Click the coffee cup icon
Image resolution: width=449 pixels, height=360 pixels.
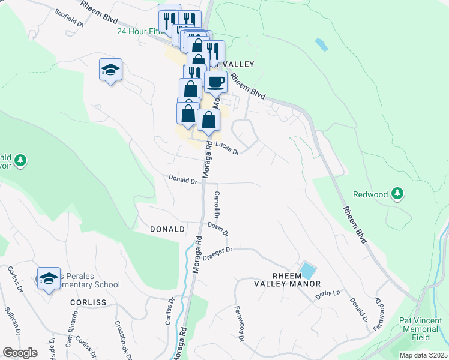215,81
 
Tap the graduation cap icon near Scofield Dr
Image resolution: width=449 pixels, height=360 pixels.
110,70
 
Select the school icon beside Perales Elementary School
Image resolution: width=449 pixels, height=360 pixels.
49,278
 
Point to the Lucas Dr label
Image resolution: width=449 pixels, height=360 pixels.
228,148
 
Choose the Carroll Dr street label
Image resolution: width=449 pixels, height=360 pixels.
217,205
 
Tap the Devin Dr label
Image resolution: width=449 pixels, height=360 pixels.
218,229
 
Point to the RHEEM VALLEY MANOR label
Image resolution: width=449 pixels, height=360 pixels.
288,280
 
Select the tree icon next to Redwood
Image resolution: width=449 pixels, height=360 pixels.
397,194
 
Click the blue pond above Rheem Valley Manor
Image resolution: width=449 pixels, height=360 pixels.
307,270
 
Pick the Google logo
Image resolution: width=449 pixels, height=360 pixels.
20,353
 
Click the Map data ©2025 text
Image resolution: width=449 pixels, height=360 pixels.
423,355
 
